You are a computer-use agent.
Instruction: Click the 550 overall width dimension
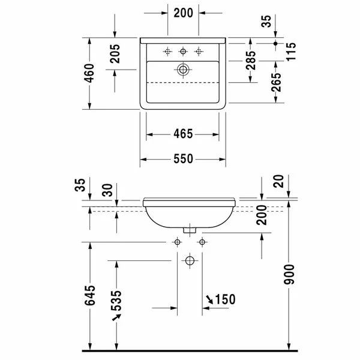183,159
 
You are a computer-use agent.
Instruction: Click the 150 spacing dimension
224,299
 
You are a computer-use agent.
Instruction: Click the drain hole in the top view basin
183,70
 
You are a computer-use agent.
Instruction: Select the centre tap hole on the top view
183,51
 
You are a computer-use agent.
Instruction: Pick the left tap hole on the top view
168,51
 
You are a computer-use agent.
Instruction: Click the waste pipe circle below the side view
190,261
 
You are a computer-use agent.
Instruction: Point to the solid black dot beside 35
275,44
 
